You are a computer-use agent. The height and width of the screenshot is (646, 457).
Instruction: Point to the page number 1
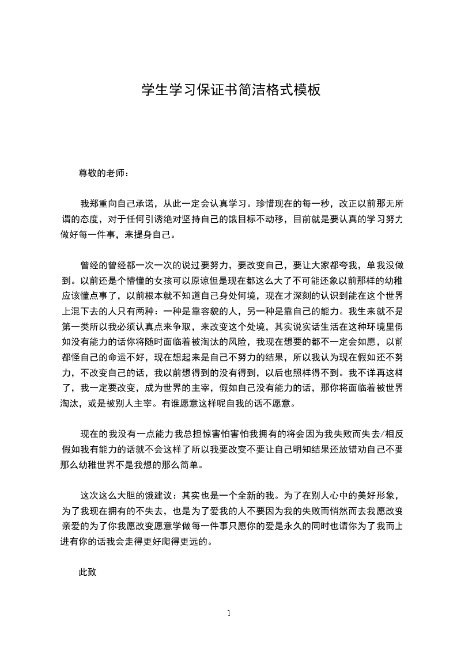(x=229, y=613)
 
